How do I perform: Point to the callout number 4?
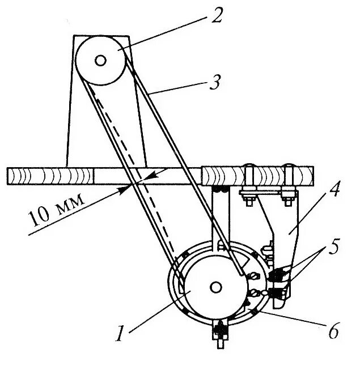[x=335, y=190]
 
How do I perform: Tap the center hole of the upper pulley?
[x=100, y=59]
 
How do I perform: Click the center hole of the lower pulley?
[x=215, y=287]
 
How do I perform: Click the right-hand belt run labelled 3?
[x=181, y=164]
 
